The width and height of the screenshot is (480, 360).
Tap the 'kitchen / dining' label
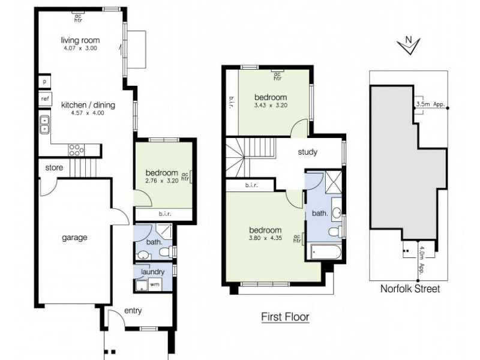coord(88,104)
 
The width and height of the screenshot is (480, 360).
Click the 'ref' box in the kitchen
coord(44,98)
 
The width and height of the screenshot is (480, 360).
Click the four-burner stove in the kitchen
coord(76,149)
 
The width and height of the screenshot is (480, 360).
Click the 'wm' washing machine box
coord(154,284)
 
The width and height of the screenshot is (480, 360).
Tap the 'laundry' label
coord(152,272)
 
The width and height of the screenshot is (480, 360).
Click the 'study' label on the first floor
coord(307,152)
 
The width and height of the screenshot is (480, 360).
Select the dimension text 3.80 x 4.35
coord(265,238)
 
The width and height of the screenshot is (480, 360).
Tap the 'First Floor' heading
coord(285,317)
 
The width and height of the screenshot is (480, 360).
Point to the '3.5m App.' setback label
coord(430,104)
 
